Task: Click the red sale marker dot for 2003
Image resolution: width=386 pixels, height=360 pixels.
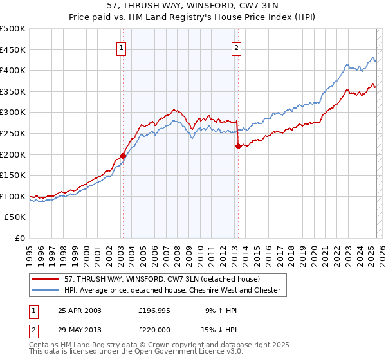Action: (x=123, y=156)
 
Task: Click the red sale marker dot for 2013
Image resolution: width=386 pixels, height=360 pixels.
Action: (x=237, y=146)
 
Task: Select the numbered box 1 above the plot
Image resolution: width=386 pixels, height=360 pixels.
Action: (x=122, y=47)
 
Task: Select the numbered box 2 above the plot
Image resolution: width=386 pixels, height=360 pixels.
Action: (x=236, y=47)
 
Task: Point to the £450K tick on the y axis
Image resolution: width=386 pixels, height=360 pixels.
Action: (x=13, y=50)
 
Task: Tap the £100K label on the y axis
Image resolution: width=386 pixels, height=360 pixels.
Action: (x=13, y=196)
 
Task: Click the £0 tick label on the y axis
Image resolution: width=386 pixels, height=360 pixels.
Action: (x=21, y=238)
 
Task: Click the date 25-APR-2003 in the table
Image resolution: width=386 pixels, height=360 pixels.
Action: (x=80, y=310)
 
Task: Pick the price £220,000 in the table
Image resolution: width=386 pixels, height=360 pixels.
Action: (x=157, y=328)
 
